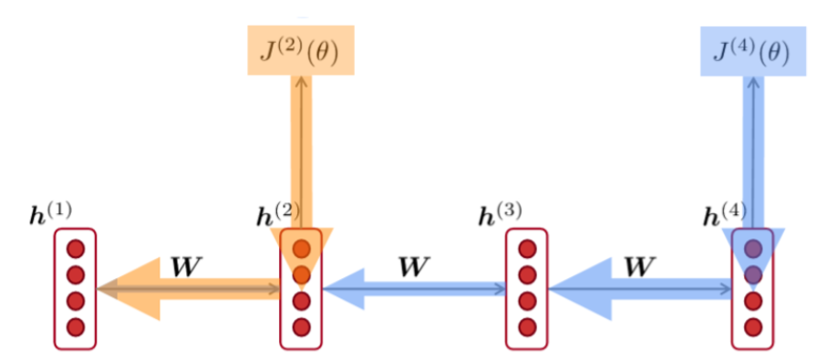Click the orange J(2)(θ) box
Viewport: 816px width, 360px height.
pyautogui.click(x=300, y=51)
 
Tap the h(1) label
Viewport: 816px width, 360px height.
pyautogui.click(x=50, y=215)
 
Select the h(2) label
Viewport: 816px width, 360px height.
pyautogui.click(x=276, y=215)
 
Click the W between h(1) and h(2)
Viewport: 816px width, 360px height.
pyautogui.click(x=187, y=267)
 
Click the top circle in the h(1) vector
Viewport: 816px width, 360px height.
pyautogui.click(x=75, y=248)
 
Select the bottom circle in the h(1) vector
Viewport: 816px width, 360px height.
pyautogui.click(x=75, y=326)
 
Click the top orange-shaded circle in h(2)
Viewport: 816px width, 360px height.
pyautogui.click(x=302, y=248)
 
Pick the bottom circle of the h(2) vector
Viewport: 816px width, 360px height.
pyautogui.click(x=302, y=326)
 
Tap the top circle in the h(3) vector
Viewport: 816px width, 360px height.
pyautogui.click(x=527, y=248)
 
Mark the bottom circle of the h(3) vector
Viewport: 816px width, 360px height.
pyautogui.click(x=527, y=326)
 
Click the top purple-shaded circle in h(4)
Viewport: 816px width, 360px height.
pyautogui.click(x=754, y=248)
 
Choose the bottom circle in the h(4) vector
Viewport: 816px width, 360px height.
pyautogui.click(x=754, y=326)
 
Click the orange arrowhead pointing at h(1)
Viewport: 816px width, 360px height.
pyautogui.click(x=132, y=289)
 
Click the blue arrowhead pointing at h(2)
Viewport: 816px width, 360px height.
pyautogui.click(x=346, y=289)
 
